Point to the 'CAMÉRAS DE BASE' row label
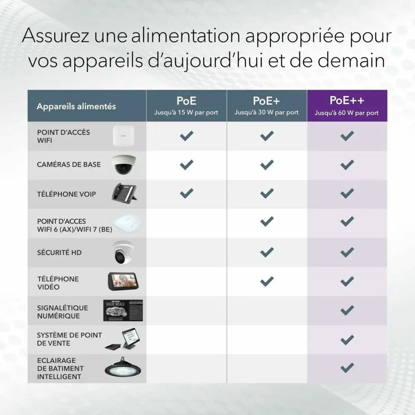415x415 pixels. click(x=69, y=164)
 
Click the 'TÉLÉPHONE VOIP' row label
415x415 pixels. click(x=66, y=193)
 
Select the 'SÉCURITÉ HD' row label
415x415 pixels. click(x=59, y=253)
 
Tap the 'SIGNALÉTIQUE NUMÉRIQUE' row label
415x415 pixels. click(x=62, y=312)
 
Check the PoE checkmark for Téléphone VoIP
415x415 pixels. click(x=186, y=193)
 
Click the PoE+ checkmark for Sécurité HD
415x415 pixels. click(x=267, y=252)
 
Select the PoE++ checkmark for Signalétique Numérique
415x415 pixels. click(x=347, y=310)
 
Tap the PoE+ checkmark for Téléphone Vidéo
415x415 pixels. click(x=267, y=281)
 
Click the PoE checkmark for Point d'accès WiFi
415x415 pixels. click(x=186, y=136)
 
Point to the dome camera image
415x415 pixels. click(x=124, y=165)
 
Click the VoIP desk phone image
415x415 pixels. click(x=124, y=193)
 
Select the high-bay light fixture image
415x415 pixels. click(x=123, y=368)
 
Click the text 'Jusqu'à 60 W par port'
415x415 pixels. click(x=347, y=113)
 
